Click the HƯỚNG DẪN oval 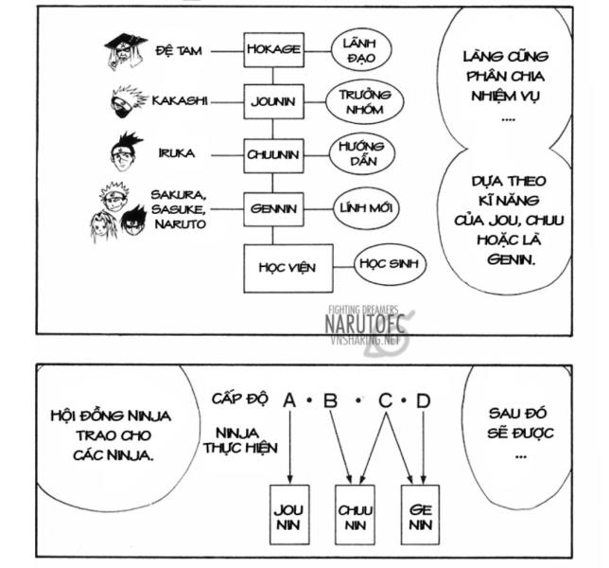353,154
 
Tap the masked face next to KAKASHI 130,101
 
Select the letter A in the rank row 289,401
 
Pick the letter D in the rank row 423,401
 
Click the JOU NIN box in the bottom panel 290,515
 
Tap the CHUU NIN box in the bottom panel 355,515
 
